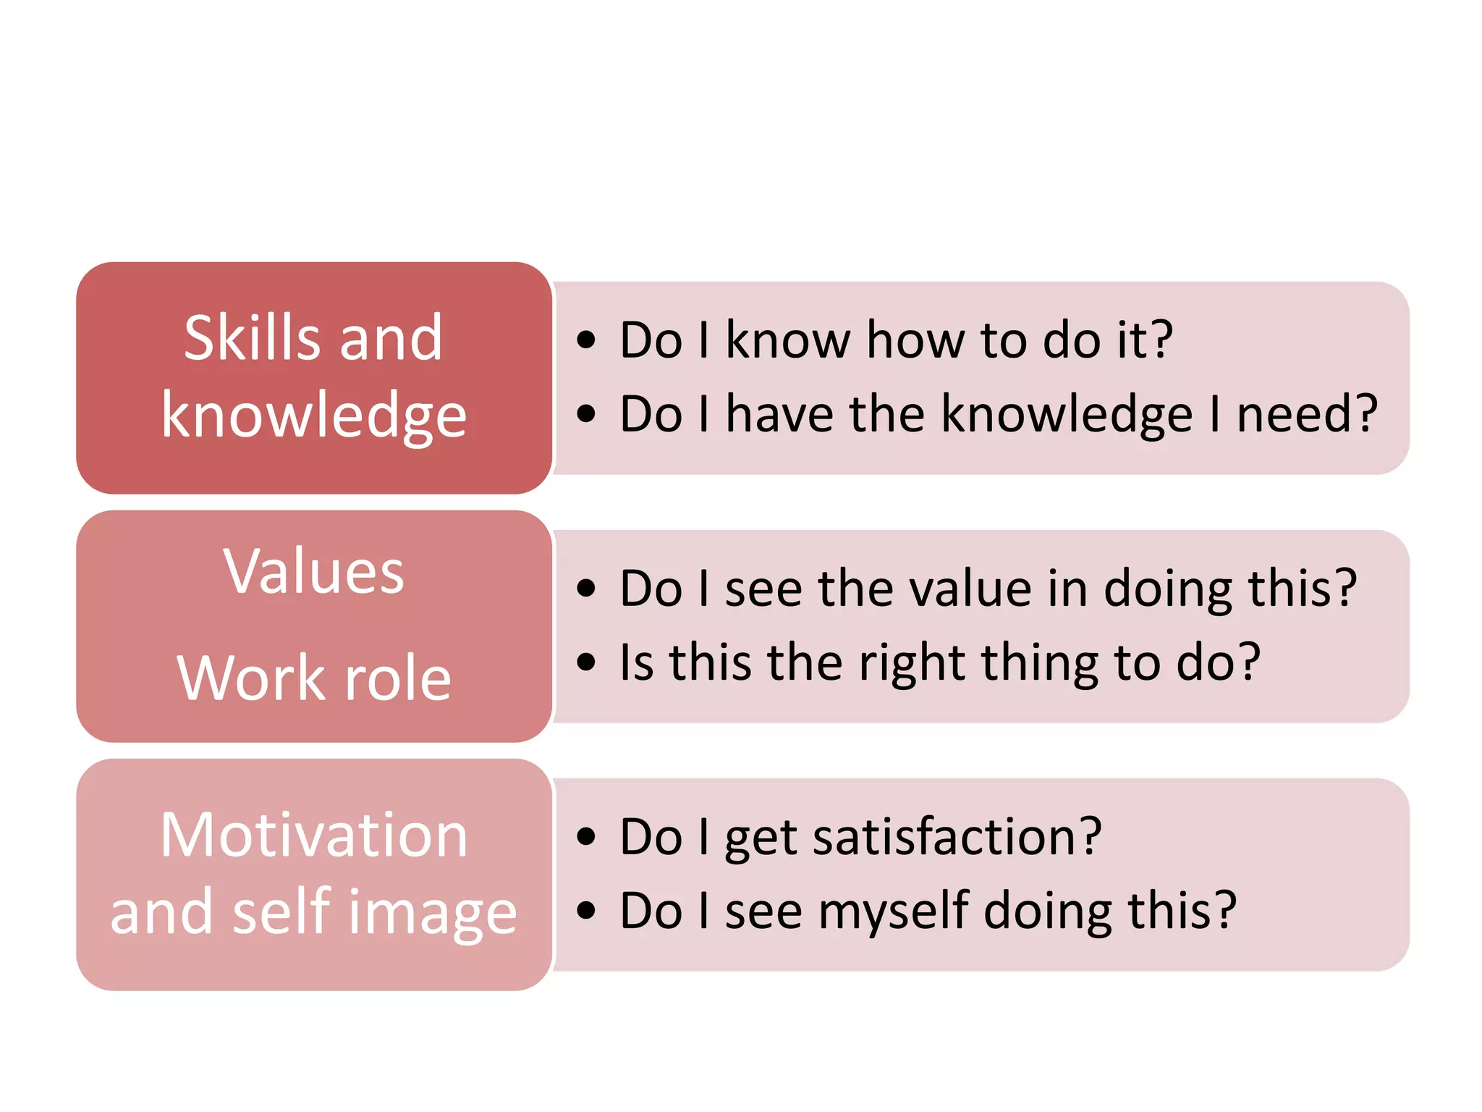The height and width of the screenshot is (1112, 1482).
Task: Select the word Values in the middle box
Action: point(313,571)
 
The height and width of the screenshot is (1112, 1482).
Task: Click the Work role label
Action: point(314,678)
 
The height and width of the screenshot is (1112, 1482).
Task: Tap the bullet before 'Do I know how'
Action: point(586,340)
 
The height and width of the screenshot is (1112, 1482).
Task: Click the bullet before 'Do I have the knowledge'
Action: point(586,414)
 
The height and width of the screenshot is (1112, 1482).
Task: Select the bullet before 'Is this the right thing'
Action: point(586,662)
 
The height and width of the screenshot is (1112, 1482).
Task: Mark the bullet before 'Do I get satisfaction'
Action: point(586,837)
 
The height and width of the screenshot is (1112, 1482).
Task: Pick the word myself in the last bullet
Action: point(894,912)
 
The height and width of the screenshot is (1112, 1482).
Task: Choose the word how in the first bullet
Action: point(915,340)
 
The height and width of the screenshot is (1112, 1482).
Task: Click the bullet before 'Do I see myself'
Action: point(586,911)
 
